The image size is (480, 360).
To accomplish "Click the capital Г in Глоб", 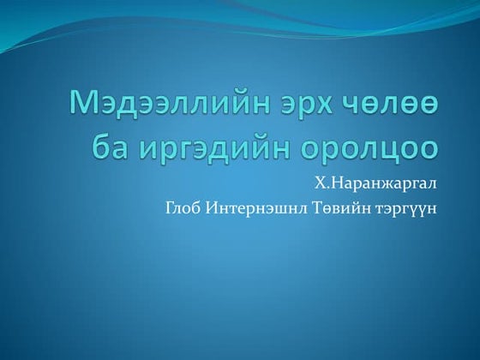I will [x=169, y=207].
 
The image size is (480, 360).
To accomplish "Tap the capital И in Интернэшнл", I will [x=212, y=207].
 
